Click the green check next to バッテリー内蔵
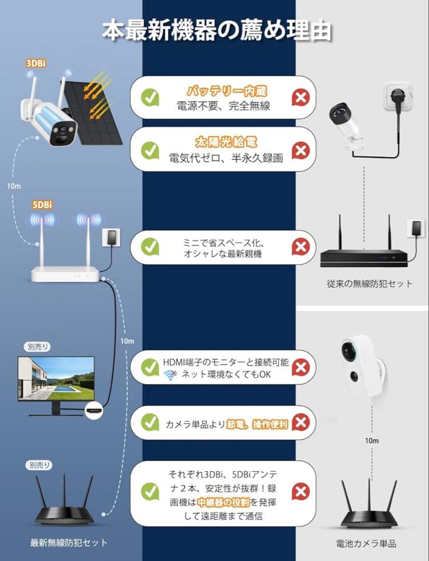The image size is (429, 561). click(150, 97)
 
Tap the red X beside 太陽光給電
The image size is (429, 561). click(300, 151)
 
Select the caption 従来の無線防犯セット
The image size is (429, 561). click(370, 284)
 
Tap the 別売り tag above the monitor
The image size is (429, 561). click(37, 347)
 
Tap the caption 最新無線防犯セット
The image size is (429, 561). click(69, 543)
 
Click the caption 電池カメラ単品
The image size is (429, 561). click(366, 544)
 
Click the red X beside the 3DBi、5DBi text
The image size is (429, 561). click(300, 491)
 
